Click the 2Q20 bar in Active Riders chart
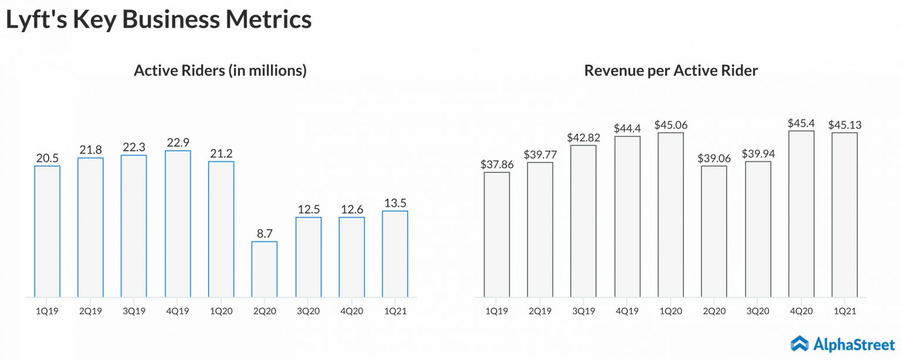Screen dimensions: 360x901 (x=265, y=269)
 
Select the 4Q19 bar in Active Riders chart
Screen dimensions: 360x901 (x=178, y=223)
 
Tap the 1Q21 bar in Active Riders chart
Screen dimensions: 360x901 (x=395, y=254)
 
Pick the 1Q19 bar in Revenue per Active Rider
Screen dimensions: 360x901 (x=497, y=235)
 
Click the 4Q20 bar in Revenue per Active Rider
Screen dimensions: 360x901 (x=801, y=213)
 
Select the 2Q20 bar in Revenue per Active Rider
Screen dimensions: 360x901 (x=714, y=231)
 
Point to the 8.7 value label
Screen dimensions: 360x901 (x=265, y=233)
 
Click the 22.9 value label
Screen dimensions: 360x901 (x=178, y=142)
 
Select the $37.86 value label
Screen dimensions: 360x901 (x=497, y=164)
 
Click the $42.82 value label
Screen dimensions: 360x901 (x=584, y=137)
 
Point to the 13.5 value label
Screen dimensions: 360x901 (x=395, y=203)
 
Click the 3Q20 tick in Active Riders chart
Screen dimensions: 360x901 (x=308, y=311)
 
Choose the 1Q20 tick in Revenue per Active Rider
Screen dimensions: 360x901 (x=670, y=311)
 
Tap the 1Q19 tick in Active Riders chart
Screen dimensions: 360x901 (x=48, y=311)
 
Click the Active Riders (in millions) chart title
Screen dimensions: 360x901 (x=221, y=71)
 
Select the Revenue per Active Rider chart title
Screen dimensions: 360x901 (x=671, y=71)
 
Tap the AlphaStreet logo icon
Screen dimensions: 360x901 (x=800, y=343)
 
